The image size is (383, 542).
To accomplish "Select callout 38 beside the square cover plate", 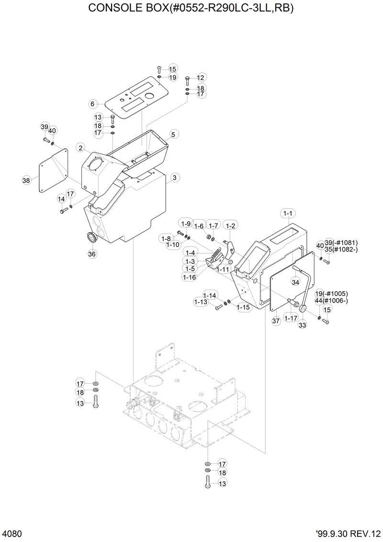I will click(26, 181).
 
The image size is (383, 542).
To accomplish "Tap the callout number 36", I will click(92, 254).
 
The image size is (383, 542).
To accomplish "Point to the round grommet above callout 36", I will click(90, 238).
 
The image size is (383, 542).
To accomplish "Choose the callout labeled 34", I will click(295, 282).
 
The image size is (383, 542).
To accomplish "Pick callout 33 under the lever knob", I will click(302, 325).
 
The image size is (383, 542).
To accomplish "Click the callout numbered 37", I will click(275, 320).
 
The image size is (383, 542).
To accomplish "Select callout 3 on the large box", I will click(175, 178).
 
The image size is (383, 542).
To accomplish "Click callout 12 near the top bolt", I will click(200, 78).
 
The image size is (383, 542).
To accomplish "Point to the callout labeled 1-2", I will click(231, 226).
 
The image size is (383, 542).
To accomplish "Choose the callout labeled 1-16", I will click(189, 277).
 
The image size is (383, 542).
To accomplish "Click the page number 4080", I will click(11, 533).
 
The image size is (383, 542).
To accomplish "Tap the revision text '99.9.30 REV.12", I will click(348, 533).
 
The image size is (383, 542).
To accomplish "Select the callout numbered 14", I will click(62, 199).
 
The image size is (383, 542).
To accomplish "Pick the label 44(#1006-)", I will click(331, 301).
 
